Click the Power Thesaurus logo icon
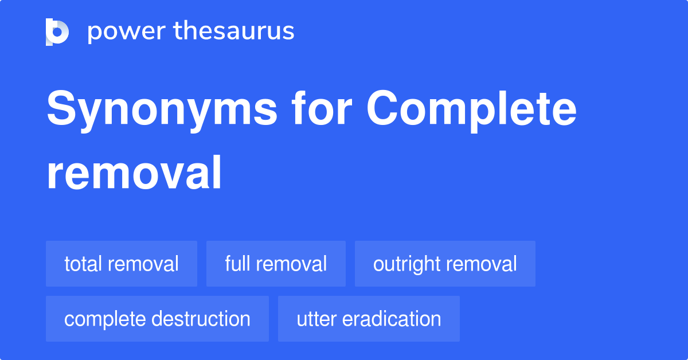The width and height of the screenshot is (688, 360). [57, 32]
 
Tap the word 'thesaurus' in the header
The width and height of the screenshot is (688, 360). [234, 32]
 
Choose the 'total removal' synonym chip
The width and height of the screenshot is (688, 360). [122, 264]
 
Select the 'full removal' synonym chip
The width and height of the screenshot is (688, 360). [276, 264]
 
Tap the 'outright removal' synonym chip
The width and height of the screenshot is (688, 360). [445, 264]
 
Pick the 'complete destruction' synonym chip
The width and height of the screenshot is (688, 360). [157, 319]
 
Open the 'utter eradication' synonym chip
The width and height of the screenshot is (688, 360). [369, 319]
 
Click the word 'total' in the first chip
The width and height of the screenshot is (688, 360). [83, 264]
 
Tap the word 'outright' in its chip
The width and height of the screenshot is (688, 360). [406, 264]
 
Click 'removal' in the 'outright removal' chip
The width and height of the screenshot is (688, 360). [483, 264]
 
